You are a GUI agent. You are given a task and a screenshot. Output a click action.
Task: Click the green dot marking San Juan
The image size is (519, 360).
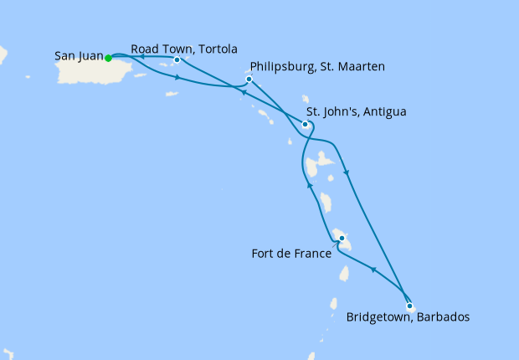[x=109, y=58]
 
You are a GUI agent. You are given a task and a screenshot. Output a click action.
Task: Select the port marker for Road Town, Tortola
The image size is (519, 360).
[x=177, y=60]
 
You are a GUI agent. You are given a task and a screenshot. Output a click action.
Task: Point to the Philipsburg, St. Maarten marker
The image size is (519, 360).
[x=249, y=80]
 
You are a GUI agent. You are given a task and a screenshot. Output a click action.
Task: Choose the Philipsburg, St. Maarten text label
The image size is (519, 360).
[x=317, y=66]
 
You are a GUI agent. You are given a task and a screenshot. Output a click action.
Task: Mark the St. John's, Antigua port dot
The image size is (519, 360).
[x=306, y=125]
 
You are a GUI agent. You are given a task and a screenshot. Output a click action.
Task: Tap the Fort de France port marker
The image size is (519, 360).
[x=342, y=239]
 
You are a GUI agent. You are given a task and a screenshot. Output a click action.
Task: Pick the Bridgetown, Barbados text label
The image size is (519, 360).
[x=408, y=317]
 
